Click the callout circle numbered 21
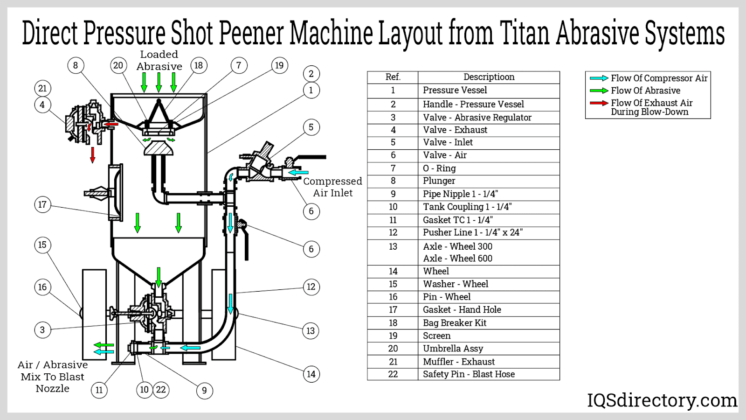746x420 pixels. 42,88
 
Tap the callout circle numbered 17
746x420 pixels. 42,204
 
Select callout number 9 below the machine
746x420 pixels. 204,391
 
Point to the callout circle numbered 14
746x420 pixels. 311,374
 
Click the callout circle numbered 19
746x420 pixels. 279,65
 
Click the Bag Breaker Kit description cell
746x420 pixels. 454,323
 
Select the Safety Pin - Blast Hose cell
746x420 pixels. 469,374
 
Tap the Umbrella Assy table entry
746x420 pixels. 453,349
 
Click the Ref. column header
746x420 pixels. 393,77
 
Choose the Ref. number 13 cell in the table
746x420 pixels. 393,247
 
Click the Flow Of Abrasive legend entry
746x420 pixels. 645,91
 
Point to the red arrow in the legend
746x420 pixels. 599,103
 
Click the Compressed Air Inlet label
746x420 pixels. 332,187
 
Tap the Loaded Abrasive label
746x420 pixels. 159,61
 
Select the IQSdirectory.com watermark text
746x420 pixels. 662,400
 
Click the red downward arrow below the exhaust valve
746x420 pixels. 93,154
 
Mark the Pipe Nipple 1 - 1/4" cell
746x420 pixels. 460,194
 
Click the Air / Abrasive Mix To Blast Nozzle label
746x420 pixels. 53,377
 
